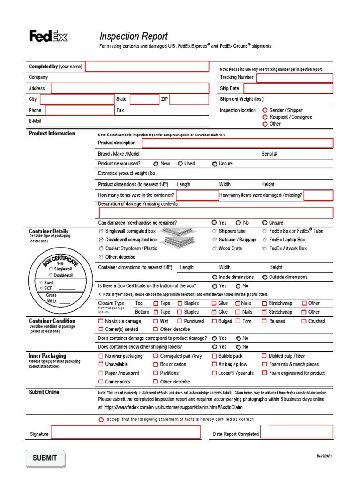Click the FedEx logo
[x=49, y=36]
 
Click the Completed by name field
[x=147, y=67]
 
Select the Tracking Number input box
[x=295, y=77]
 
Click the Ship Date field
[x=288, y=88]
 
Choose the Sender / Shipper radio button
[x=265, y=110]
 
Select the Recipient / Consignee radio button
[x=265, y=117]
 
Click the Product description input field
[x=237, y=143]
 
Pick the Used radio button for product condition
[x=180, y=164]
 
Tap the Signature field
[x=125, y=432]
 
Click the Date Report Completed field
[x=296, y=432]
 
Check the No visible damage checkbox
[x=101, y=321]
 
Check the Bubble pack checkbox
[x=214, y=356]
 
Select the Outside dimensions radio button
[x=265, y=277]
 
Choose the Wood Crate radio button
[x=214, y=248]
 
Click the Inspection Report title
[x=134, y=37]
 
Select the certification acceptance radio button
[x=101, y=420]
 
